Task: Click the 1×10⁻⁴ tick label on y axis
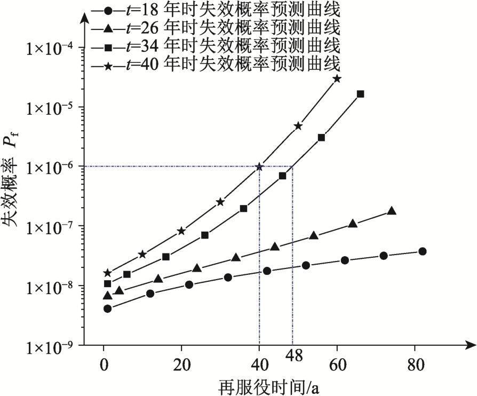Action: coord(51,49)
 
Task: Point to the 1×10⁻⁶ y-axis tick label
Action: coord(51,167)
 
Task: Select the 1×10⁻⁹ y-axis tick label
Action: coord(51,346)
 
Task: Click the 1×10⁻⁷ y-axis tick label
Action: coord(51,227)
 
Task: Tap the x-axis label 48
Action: coord(292,355)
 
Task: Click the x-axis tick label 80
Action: coord(415,368)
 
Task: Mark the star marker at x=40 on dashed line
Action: coord(260,167)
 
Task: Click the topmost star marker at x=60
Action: coord(337,78)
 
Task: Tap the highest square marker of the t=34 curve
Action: coord(360,94)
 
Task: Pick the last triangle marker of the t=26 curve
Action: coord(392,211)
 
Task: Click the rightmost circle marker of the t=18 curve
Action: coord(423,251)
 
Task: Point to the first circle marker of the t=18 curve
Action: coord(107,308)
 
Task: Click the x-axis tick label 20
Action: coord(181,368)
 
